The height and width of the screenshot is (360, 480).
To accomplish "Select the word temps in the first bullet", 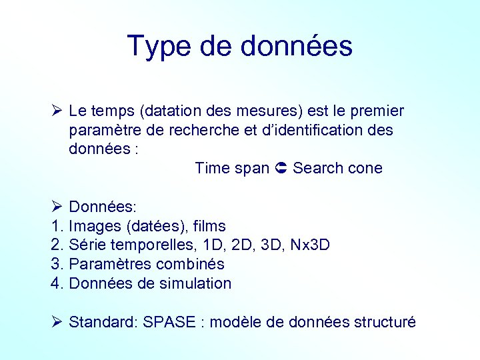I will [x=110, y=111].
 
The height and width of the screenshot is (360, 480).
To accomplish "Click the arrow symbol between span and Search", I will [x=281, y=168].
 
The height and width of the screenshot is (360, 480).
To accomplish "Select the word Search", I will [x=317, y=168].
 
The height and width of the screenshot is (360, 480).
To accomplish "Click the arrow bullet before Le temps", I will [x=56, y=111].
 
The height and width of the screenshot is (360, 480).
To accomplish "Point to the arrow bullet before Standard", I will [x=56, y=322].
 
